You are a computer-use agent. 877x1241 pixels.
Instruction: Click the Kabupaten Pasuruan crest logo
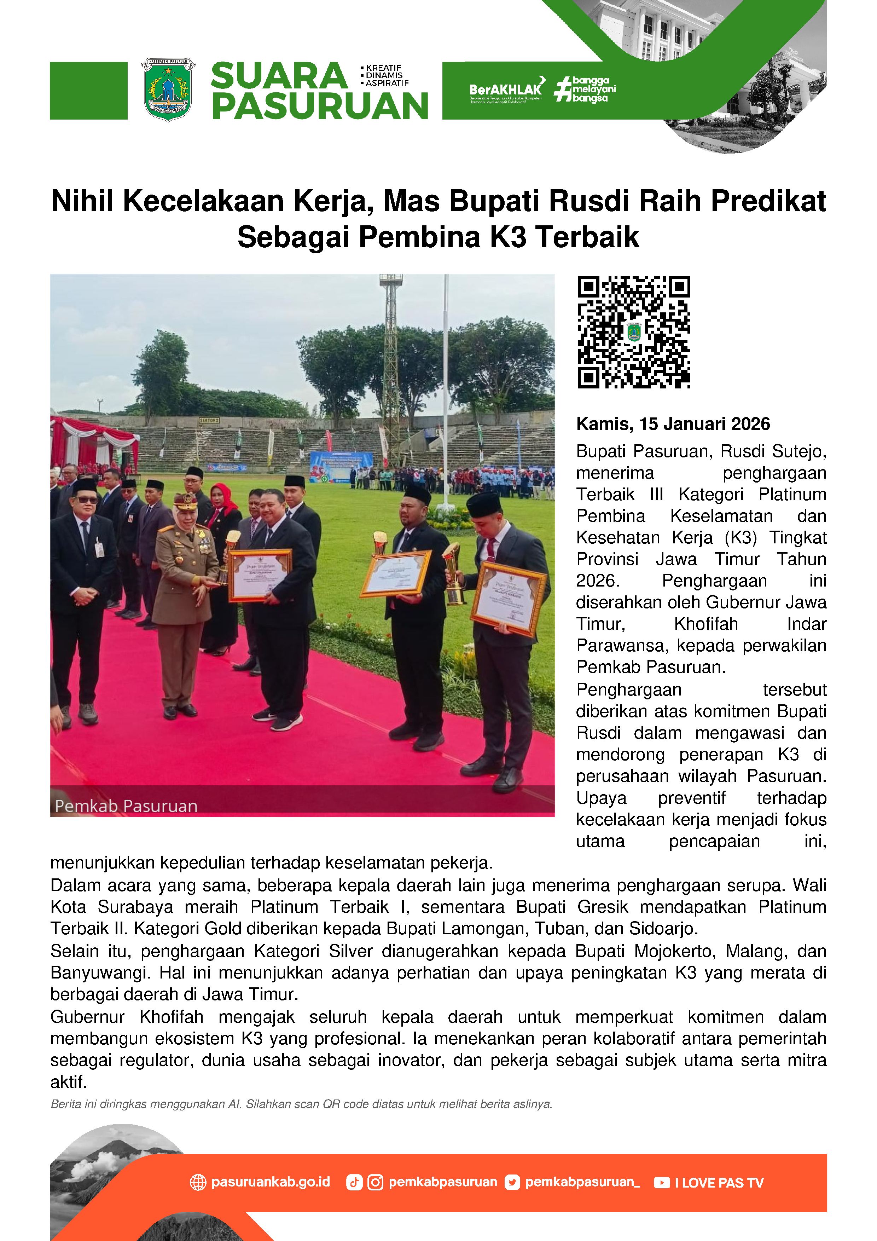pos(168,89)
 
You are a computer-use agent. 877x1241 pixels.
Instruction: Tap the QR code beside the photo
pos(634,332)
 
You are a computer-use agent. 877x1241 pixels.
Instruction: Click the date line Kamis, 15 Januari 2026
pos(673,424)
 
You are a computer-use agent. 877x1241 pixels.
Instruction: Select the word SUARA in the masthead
pos(279,76)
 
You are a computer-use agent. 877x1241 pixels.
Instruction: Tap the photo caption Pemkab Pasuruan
pos(126,806)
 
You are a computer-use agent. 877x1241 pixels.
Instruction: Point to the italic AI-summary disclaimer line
pos(301,1104)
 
